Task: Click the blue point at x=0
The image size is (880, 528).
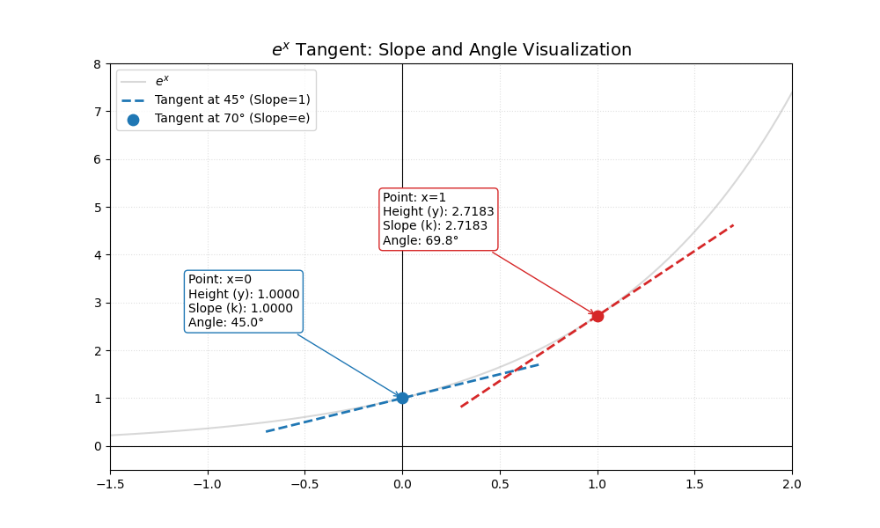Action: tap(402, 398)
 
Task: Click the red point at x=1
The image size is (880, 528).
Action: tap(598, 316)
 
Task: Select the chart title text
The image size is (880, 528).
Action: tap(451, 50)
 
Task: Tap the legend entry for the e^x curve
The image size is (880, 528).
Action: tap(162, 81)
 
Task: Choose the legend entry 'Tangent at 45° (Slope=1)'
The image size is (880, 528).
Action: tap(232, 99)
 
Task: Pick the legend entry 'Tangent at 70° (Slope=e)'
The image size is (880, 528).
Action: tap(232, 118)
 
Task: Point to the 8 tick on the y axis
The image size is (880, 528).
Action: tap(97, 64)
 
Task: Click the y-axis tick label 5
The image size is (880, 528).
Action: tap(97, 208)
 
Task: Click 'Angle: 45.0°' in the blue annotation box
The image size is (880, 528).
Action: tap(226, 322)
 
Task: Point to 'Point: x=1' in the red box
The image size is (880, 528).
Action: tap(414, 197)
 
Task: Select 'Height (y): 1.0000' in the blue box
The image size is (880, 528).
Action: tap(244, 294)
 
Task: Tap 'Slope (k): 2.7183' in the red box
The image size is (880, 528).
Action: tap(435, 225)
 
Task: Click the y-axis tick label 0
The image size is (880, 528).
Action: tap(97, 446)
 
